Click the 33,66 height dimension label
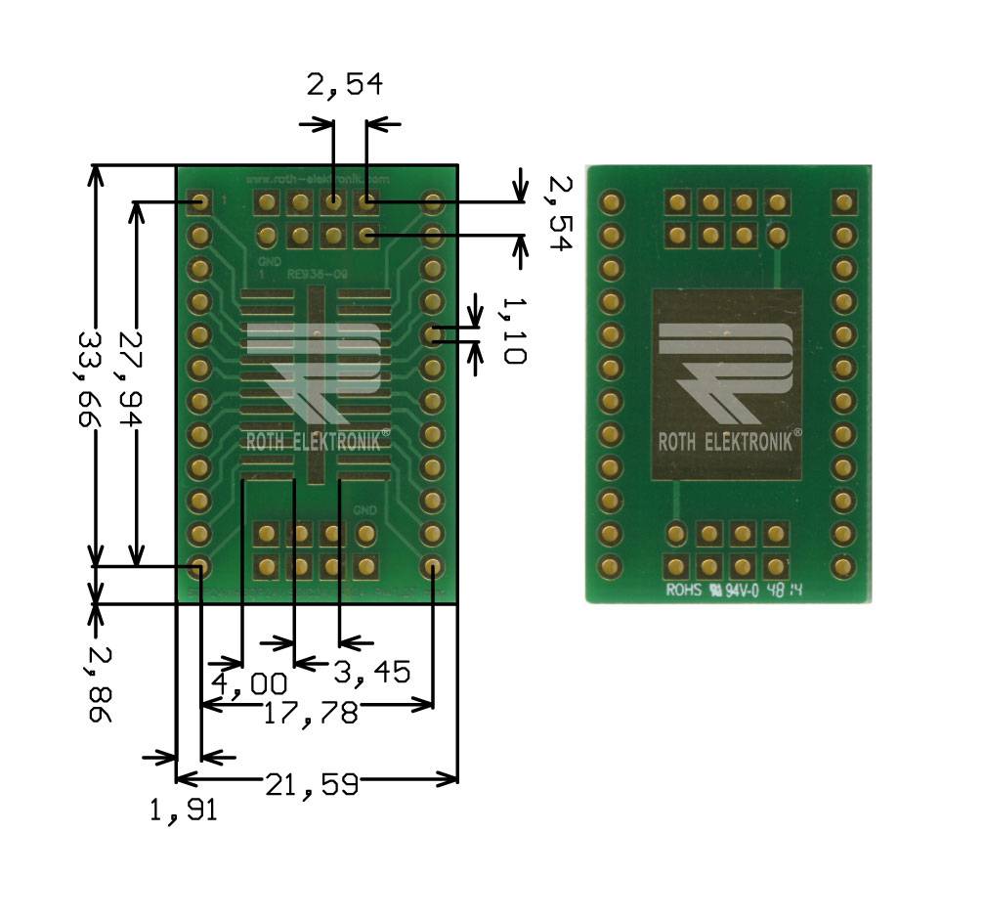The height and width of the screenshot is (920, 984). pyautogui.click(x=94, y=373)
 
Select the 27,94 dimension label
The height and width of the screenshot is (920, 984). pyautogui.click(x=132, y=380)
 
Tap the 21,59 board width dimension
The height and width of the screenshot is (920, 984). pyautogui.click(x=311, y=783)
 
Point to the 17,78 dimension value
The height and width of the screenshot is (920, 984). pyautogui.click(x=311, y=713)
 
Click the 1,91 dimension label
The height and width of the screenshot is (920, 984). pyautogui.click(x=183, y=810)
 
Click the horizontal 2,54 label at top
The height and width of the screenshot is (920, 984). pyautogui.click(x=344, y=86)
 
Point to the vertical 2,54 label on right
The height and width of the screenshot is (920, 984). pyautogui.click(x=558, y=214)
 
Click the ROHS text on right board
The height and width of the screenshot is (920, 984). pyautogui.click(x=683, y=591)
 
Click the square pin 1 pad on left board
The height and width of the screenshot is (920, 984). pyautogui.click(x=201, y=202)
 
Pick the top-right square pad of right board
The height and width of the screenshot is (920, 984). pyautogui.click(x=843, y=202)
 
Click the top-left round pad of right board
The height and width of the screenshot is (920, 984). pyautogui.click(x=612, y=202)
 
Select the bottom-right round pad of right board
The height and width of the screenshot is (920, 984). pyautogui.click(x=843, y=566)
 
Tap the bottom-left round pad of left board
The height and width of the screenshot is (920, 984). pyautogui.click(x=201, y=566)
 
